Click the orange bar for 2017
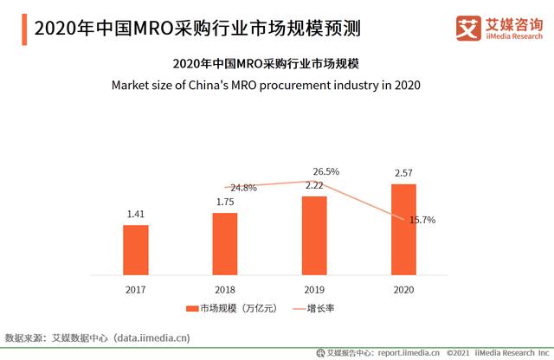pyautogui.click(x=136, y=249)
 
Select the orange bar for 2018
pyautogui.click(x=225, y=243)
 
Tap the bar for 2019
pyautogui.click(x=314, y=235)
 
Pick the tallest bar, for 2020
pyautogui.click(x=403, y=228)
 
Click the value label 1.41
pyautogui.click(x=136, y=214)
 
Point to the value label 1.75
pyautogui.click(x=225, y=202)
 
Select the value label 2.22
pyautogui.click(x=314, y=185)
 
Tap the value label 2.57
pyautogui.click(x=403, y=173)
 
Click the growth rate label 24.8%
pyautogui.click(x=242, y=188)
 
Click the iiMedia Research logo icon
pyautogui.click(x=469, y=27)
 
